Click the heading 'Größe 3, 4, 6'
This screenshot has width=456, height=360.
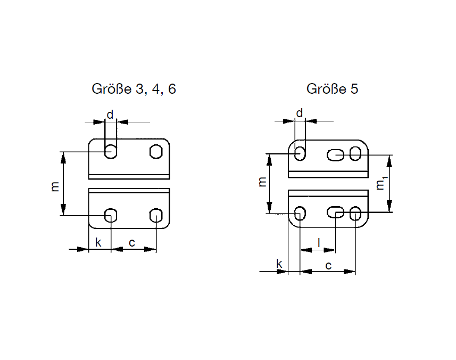(x=134, y=89)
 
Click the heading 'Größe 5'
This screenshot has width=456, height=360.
(x=332, y=89)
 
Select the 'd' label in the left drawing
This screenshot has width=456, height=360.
(x=110, y=114)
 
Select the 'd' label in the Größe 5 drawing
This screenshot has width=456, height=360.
(x=299, y=113)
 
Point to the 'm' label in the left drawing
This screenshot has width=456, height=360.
(x=55, y=186)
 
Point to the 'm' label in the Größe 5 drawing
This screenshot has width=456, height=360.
(x=262, y=182)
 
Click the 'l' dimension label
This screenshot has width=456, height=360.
(x=319, y=242)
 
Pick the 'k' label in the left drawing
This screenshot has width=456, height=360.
(x=98, y=243)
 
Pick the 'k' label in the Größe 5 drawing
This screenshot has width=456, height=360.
(x=279, y=265)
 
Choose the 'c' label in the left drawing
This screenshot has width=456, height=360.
(x=132, y=243)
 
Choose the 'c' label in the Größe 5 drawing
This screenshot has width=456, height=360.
(x=328, y=265)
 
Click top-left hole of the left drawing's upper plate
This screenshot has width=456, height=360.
(x=111, y=151)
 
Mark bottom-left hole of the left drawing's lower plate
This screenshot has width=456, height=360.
(x=111, y=215)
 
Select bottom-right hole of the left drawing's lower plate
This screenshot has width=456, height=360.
(x=156, y=215)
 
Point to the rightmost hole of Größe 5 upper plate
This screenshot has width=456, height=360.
(x=355, y=154)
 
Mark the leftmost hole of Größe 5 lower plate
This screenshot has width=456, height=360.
(x=300, y=213)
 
